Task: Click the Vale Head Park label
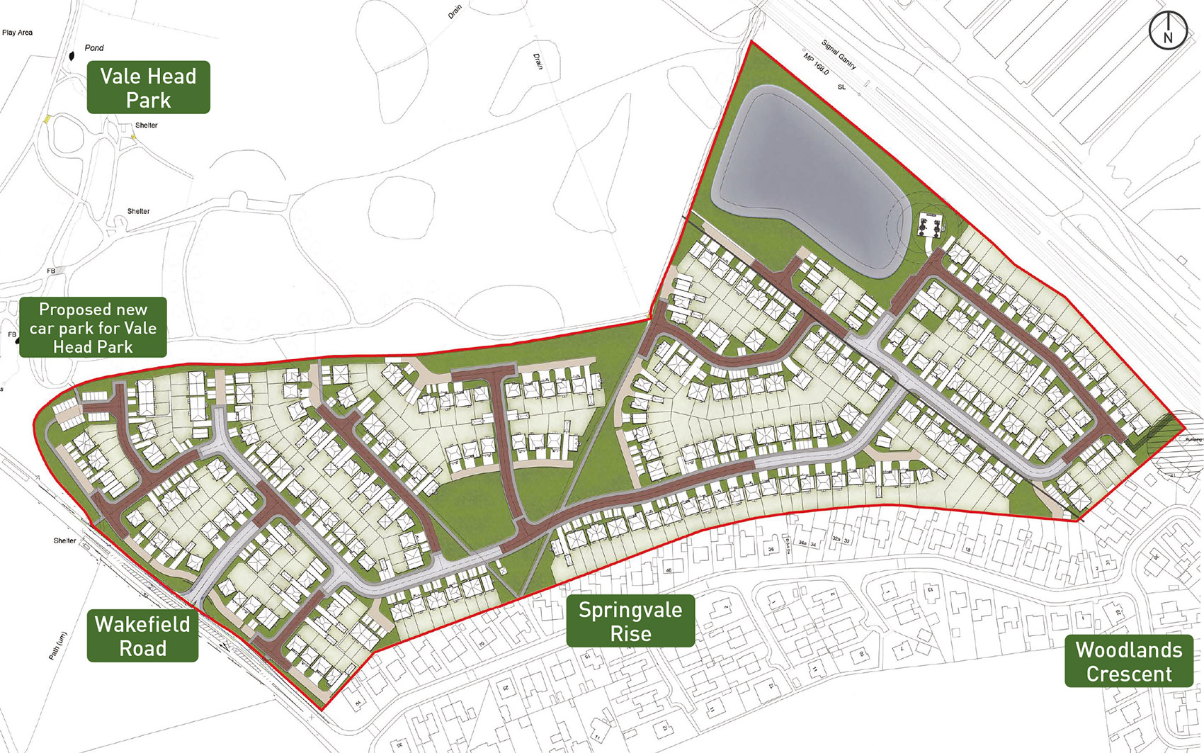pos(148,87)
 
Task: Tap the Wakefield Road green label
pos(142,635)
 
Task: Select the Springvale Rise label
pos(630,621)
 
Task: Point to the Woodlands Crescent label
pos(1129,661)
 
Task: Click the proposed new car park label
pos(93,327)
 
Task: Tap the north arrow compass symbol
pos(1167,30)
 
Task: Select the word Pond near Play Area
pos(94,48)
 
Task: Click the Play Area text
pos(17,33)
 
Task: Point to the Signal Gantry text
pos(839,55)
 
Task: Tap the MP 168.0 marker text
pos(816,64)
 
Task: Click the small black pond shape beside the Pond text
pos(71,56)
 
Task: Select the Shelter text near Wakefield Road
pos(64,540)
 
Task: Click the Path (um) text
pos(57,645)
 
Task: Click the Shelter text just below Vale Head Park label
pos(146,125)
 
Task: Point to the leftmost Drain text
pos(454,11)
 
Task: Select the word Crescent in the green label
pos(1129,674)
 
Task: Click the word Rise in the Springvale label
pos(630,634)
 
